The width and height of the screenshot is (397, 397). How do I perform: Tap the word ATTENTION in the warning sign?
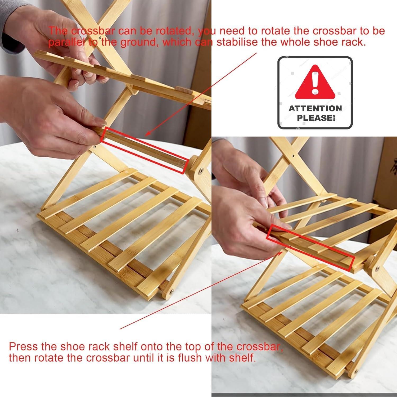[x=315, y=108]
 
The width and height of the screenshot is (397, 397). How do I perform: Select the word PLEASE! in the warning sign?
[x=316, y=118]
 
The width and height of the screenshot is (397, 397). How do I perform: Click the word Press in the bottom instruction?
[x=24, y=346]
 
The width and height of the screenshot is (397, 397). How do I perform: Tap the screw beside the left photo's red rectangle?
[x=201, y=171]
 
